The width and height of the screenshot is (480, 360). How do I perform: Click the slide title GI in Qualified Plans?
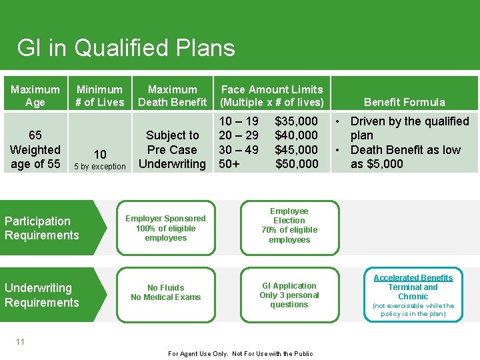tap(126, 48)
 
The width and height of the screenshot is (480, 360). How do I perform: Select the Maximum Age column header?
tap(35, 95)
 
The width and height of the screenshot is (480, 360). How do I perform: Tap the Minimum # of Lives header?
tap(100, 95)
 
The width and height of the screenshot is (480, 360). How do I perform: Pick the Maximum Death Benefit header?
tap(172, 95)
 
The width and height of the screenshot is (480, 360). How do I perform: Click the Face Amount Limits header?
tap(271, 95)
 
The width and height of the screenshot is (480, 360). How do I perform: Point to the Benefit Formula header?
tap(405, 102)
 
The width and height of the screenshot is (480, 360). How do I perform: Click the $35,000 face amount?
tap(297, 121)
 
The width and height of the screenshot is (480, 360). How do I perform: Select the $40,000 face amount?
tap(297, 135)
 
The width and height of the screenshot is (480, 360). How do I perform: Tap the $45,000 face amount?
tap(297, 149)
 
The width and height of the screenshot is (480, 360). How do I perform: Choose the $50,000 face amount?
tap(297, 164)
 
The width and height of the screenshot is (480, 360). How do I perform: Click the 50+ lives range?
tap(231, 164)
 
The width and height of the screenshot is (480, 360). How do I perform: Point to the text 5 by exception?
tap(99, 167)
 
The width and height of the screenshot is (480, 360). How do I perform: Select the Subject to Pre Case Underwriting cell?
tap(172, 149)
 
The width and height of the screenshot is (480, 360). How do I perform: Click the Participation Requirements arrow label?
tap(42, 228)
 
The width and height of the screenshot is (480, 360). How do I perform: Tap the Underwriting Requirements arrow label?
tap(42, 295)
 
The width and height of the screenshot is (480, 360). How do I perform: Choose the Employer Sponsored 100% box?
tap(166, 228)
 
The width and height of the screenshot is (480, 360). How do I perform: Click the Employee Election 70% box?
tap(289, 225)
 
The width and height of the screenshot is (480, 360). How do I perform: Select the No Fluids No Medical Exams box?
tap(166, 293)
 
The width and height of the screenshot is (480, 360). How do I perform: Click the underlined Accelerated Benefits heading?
tap(413, 278)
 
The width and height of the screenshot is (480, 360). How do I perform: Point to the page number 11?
tap(20, 341)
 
